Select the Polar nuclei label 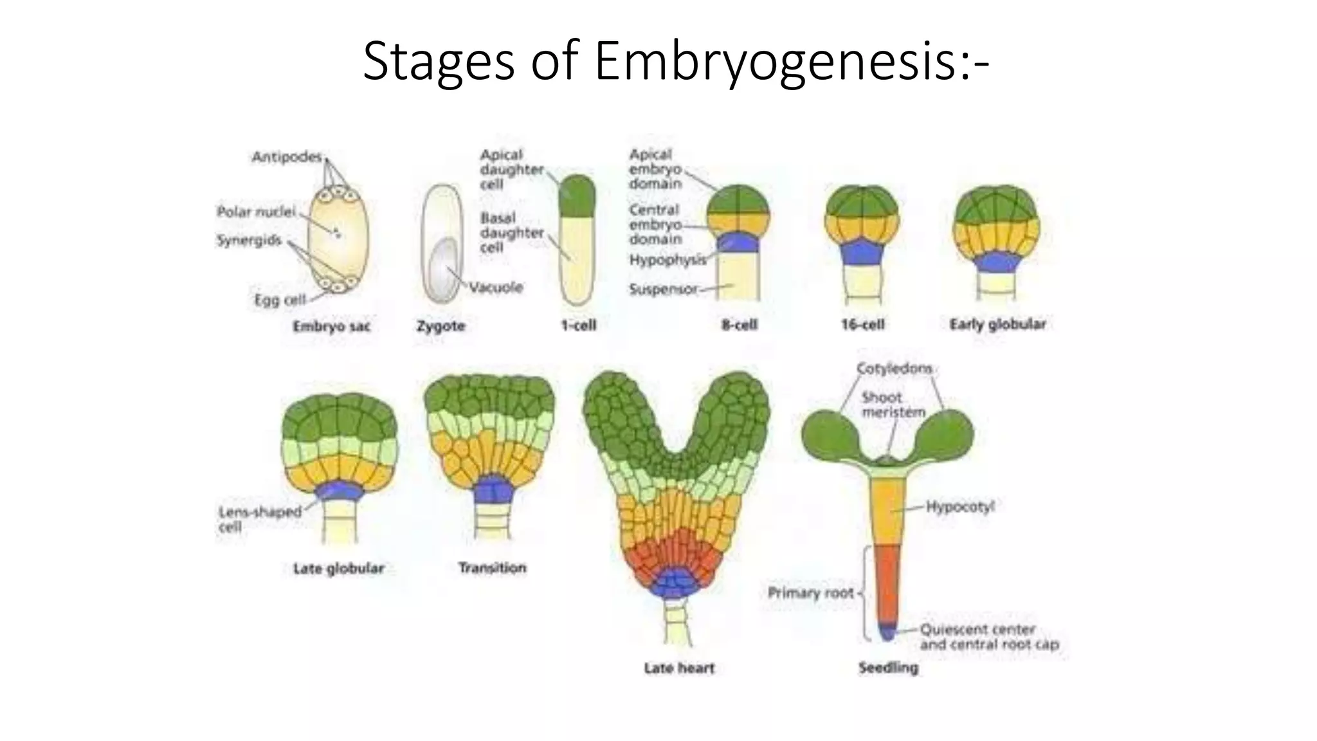click(x=256, y=212)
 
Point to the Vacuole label click(x=496, y=287)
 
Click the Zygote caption click(x=441, y=326)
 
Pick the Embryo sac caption click(x=331, y=327)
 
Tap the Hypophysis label click(x=667, y=260)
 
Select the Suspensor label click(x=663, y=289)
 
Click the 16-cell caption click(x=862, y=325)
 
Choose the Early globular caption click(x=997, y=324)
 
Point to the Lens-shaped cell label click(x=259, y=519)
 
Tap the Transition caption click(x=492, y=568)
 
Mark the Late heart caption click(x=679, y=668)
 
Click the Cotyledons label click(x=894, y=369)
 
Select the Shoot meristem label click(x=893, y=405)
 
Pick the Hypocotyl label click(x=960, y=507)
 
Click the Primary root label click(x=810, y=592)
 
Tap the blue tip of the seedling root click(x=887, y=633)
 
